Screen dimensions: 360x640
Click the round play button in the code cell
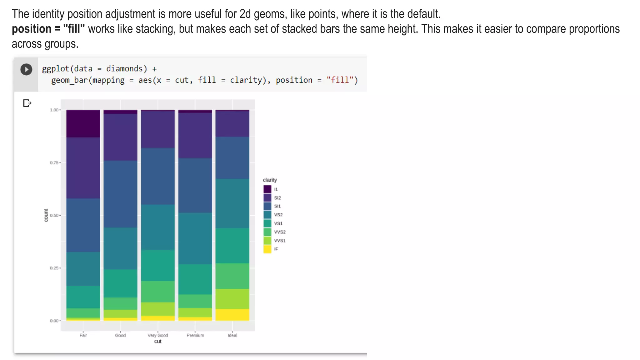click(26, 69)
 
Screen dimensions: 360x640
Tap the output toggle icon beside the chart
click(27, 103)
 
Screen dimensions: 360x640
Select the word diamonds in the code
click(124, 69)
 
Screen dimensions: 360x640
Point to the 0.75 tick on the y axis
click(54, 163)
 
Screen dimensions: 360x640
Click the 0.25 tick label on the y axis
click(54, 268)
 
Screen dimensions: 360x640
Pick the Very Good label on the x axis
click(158, 335)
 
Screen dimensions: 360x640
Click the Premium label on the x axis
click(195, 335)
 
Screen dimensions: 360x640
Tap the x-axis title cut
click(158, 342)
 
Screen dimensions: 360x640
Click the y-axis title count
click(46, 215)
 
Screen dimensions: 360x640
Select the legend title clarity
click(270, 180)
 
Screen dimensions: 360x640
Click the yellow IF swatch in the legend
click(267, 249)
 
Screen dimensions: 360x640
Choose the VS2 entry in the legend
click(278, 215)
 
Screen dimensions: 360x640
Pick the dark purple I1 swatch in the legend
click(267, 189)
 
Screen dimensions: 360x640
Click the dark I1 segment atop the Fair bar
click(83, 124)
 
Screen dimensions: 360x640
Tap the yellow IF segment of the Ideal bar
click(232, 315)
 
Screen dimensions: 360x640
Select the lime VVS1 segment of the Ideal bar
click(232, 299)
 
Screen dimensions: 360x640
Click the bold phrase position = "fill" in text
click(48, 29)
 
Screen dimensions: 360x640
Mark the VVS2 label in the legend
click(279, 232)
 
